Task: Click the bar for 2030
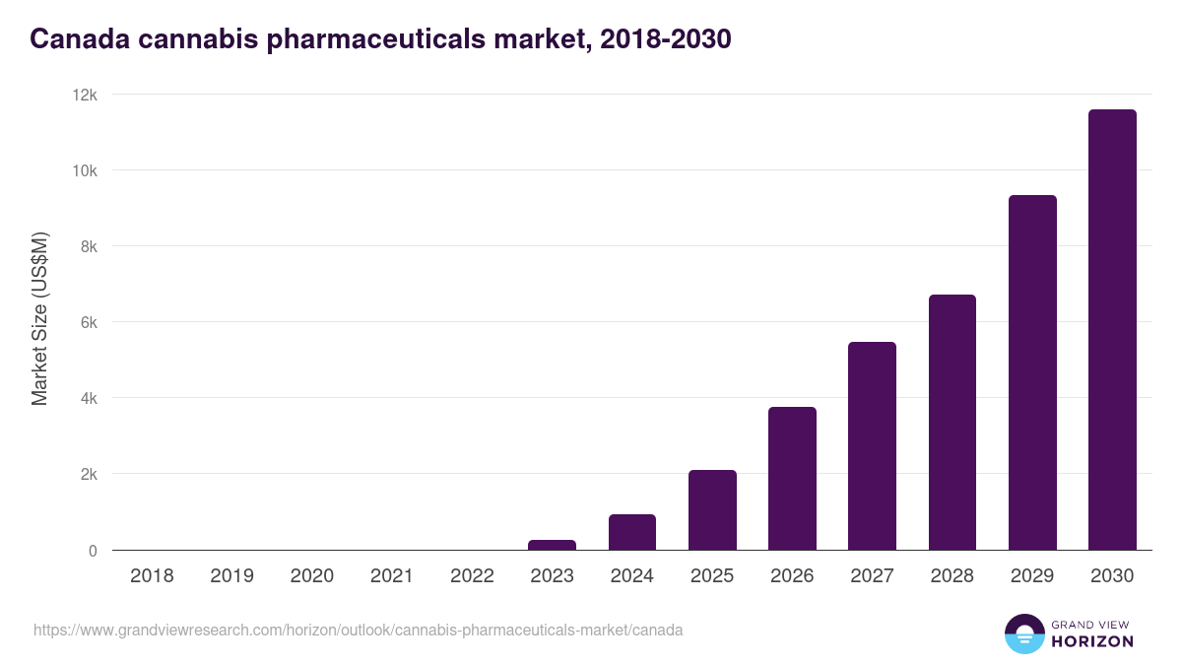(1112, 329)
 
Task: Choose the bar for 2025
(712, 509)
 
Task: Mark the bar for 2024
(632, 532)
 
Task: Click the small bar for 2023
(552, 545)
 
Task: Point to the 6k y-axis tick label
(89, 322)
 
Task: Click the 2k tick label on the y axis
(89, 474)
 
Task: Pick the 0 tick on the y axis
(93, 551)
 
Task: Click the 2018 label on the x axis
(152, 576)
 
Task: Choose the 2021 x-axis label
(391, 576)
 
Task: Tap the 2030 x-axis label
(1112, 576)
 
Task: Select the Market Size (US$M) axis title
(39, 319)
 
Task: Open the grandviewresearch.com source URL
(358, 630)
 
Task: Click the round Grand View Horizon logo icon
(1023, 633)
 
